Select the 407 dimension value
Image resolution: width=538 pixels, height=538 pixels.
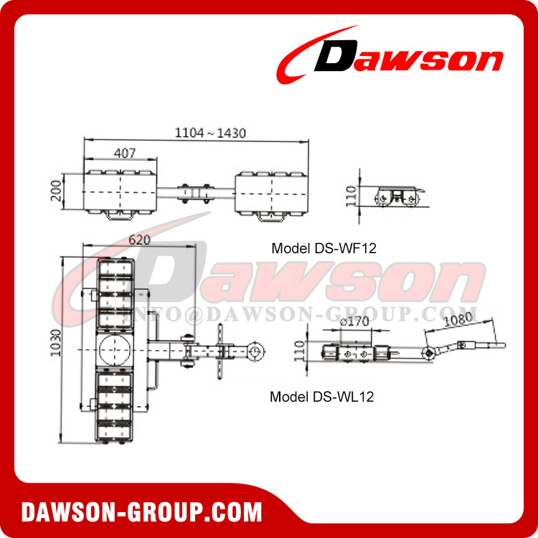[125, 152]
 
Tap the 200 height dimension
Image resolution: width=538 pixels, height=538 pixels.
[56, 192]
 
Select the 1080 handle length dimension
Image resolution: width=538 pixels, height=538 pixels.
[459, 321]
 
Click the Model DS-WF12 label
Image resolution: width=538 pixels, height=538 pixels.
[324, 249]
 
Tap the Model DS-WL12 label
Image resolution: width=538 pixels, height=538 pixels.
[322, 396]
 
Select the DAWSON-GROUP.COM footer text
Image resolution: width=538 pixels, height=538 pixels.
[141, 512]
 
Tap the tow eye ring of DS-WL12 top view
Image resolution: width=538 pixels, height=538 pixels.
[255, 351]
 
